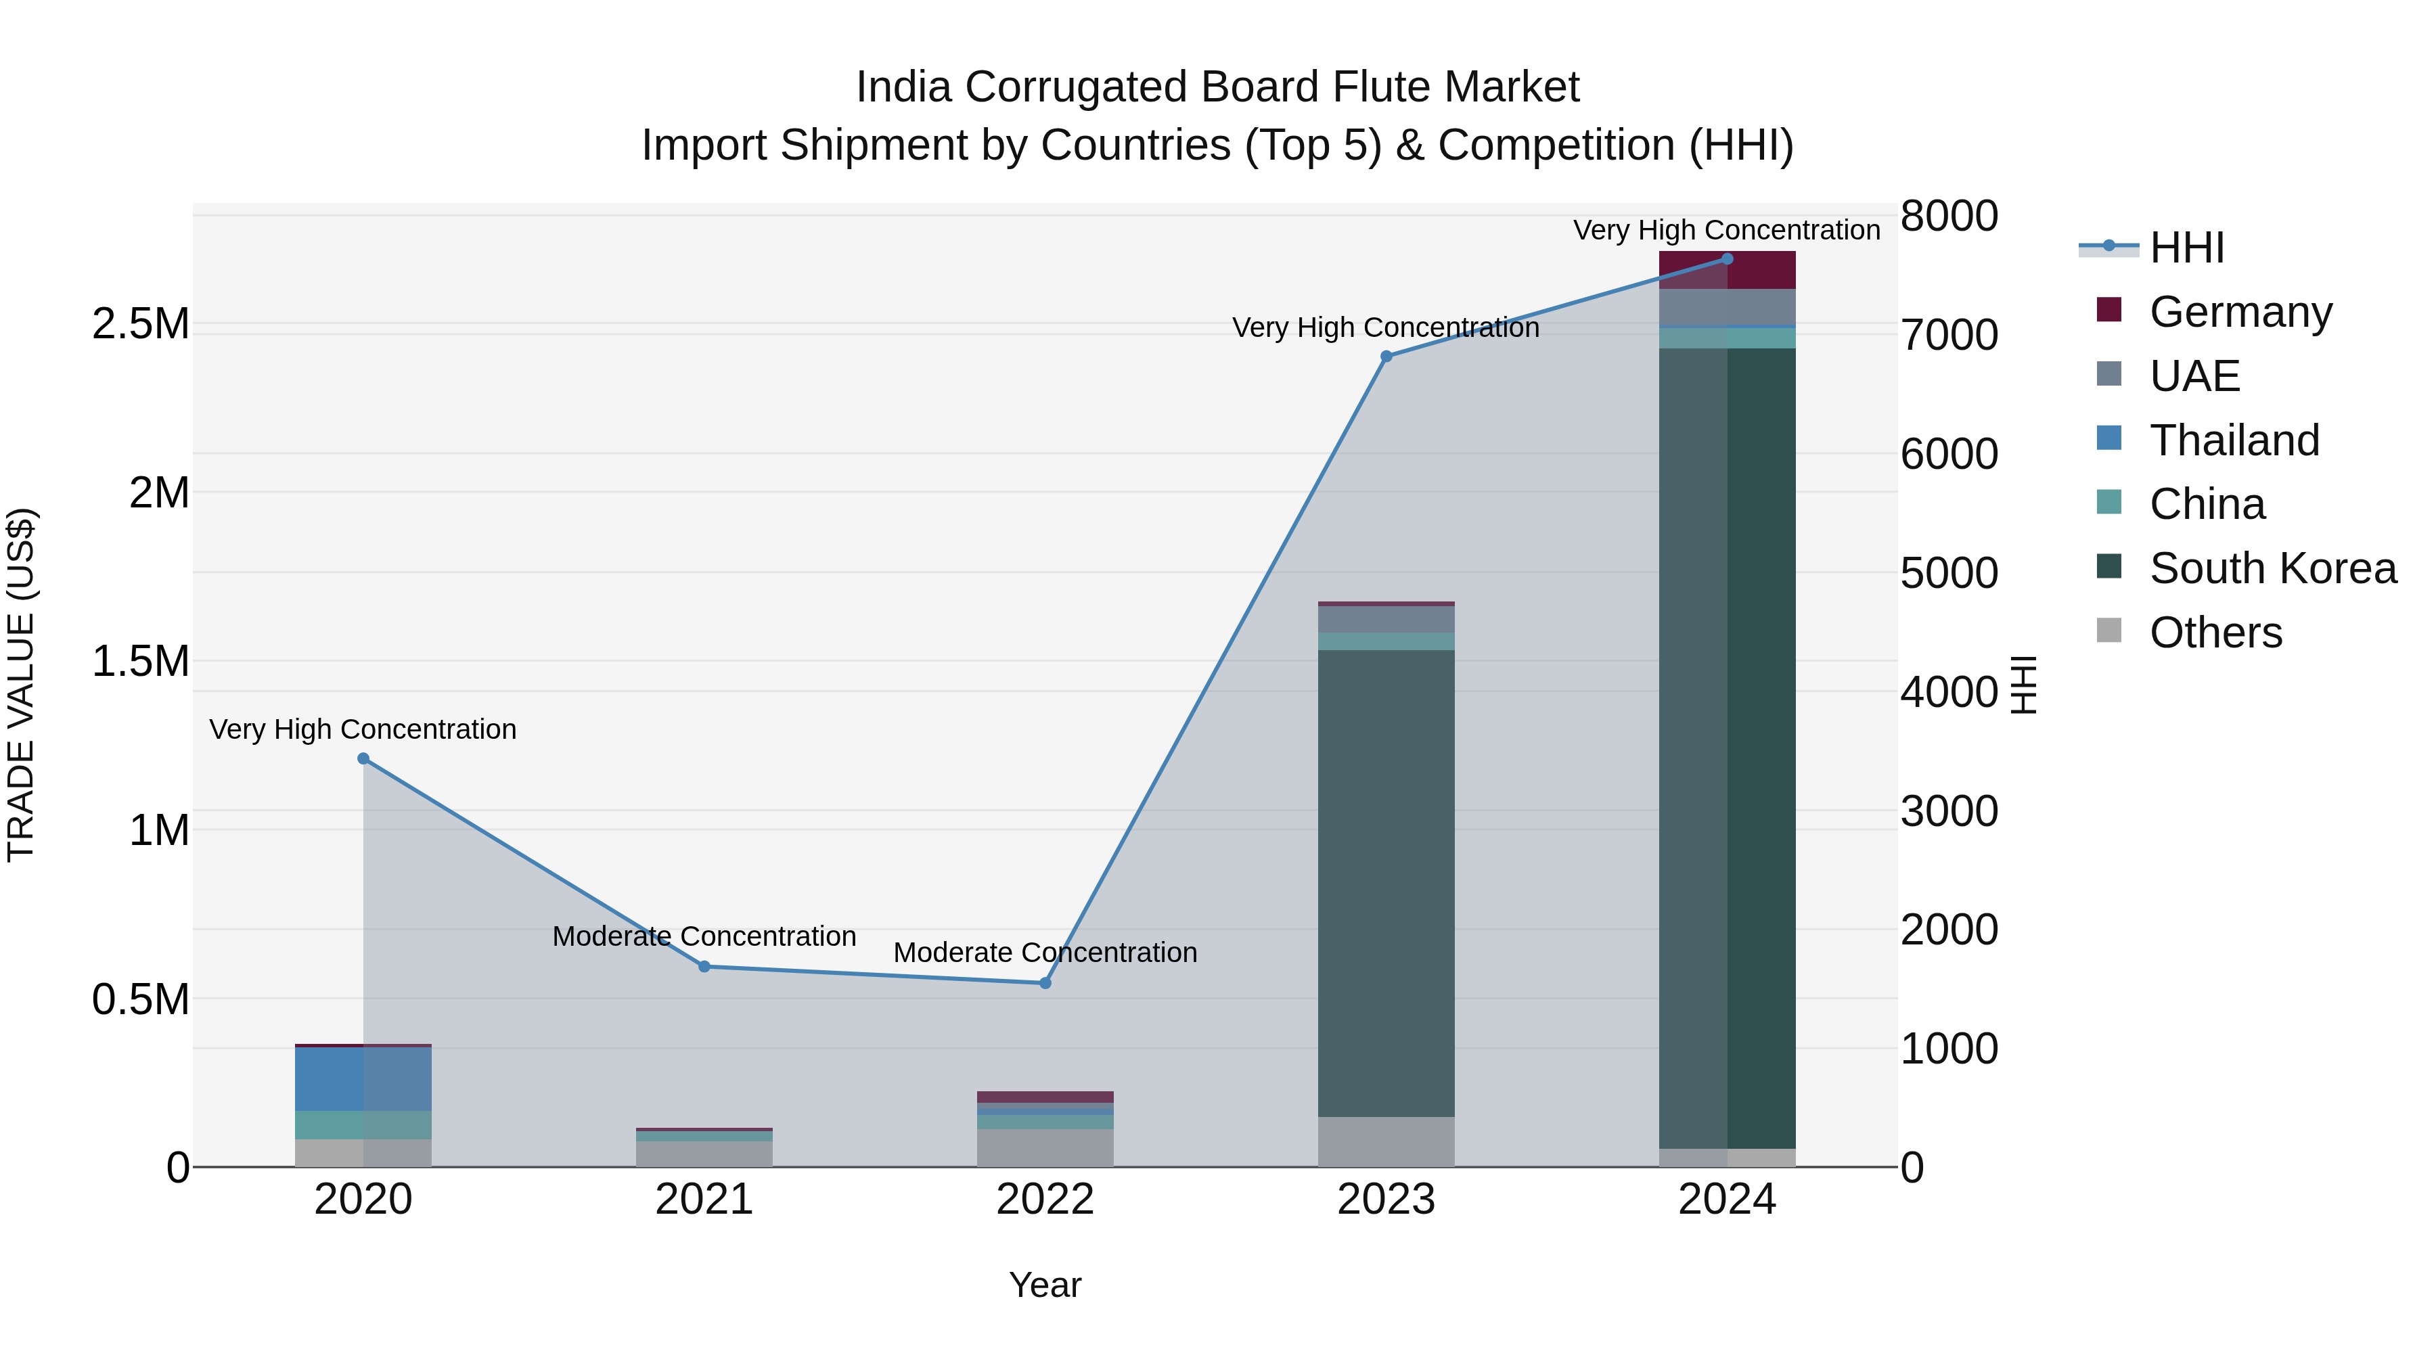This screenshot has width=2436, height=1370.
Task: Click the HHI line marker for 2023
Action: (1386, 357)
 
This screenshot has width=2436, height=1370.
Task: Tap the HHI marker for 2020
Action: (363, 758)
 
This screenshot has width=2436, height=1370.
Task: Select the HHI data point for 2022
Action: (1045, 983)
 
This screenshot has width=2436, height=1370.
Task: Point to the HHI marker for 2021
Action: (704, 966)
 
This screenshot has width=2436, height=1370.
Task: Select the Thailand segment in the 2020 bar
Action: (363, 1079)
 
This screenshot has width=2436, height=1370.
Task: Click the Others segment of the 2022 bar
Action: (1045, 1148)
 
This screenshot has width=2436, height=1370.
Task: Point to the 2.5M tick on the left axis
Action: (140, 324)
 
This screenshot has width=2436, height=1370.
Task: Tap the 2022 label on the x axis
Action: (1045, 1200)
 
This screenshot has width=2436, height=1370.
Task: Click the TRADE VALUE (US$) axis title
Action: (21, 685)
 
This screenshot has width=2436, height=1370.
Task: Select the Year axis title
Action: (1045, 1285)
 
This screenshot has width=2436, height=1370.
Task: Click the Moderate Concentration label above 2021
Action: (704, 936)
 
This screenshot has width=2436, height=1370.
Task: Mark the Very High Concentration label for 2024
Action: (1727, 230)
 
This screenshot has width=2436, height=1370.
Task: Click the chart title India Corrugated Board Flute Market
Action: (1217, 87)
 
